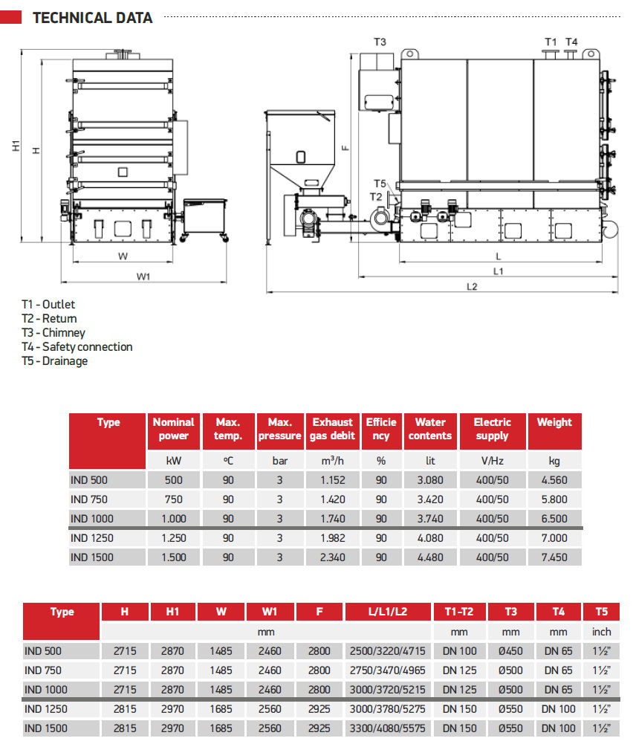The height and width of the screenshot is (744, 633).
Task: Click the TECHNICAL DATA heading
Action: coord(92,17)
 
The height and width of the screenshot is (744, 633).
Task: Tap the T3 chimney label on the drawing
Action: coord(379,42)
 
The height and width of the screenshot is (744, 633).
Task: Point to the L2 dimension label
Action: coord(472,286)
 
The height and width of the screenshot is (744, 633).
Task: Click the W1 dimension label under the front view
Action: coord(143,276)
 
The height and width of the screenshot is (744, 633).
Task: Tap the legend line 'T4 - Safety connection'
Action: coord(77,346)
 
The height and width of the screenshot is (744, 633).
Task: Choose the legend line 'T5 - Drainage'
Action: coord(54,360)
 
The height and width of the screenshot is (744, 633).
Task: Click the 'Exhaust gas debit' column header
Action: coord(332,429)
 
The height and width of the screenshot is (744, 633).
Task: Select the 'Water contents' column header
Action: coord(430,429)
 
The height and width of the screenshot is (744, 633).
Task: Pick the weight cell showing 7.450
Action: coord(554,557)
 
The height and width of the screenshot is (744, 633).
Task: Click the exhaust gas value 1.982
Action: coord(332,537)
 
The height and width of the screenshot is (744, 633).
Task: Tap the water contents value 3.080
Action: coord(430,479)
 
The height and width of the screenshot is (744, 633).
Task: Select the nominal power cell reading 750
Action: coord(173,499)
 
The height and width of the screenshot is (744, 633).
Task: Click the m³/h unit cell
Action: coord(332,461)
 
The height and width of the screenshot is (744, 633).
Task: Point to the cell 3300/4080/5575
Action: coord(388,728)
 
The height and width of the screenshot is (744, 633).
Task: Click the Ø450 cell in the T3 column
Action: coord(510,651)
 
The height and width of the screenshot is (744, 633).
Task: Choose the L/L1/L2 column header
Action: coord(388,612)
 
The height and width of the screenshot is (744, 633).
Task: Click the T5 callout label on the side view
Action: coord(379,184)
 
